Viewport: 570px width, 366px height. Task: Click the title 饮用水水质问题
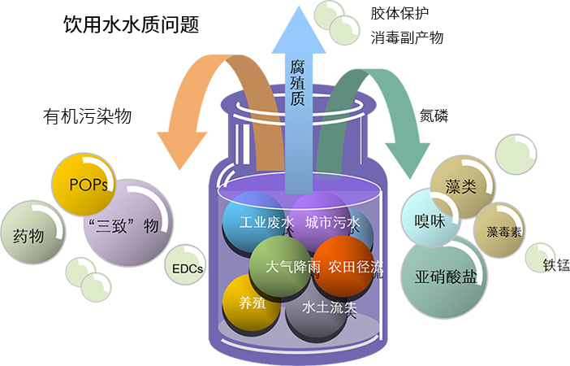131,25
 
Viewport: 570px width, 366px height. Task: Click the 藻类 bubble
460,185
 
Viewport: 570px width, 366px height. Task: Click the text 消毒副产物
407,38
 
